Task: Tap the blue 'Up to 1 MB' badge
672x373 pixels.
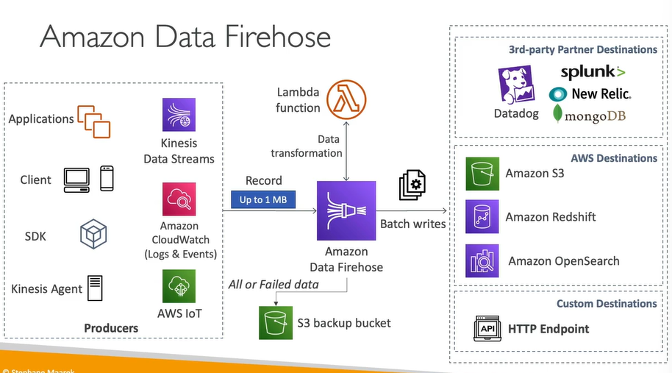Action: [x=263, y=199]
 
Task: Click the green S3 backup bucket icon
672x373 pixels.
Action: [x=276, y=323]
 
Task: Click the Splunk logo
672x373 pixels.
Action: [x=593, y=72]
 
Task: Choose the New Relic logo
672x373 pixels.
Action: [x=590, y=94]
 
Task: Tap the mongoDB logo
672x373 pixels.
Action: [x=590, y=115]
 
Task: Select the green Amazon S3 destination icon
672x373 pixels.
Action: [x=482, y=174]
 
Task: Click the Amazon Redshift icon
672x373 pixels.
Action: [x=482, y=217]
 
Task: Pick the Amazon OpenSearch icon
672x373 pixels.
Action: [x=482, y=260]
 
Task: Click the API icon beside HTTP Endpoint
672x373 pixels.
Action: [x=486, y=329]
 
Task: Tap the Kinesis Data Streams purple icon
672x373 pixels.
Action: [x=179, y=115]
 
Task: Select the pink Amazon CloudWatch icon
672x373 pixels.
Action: [x=179, y=199]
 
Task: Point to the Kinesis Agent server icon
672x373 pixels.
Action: [x=95, y=288]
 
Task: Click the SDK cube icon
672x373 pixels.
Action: [x=94, y=235]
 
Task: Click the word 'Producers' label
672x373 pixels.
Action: [x=111, y=328]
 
